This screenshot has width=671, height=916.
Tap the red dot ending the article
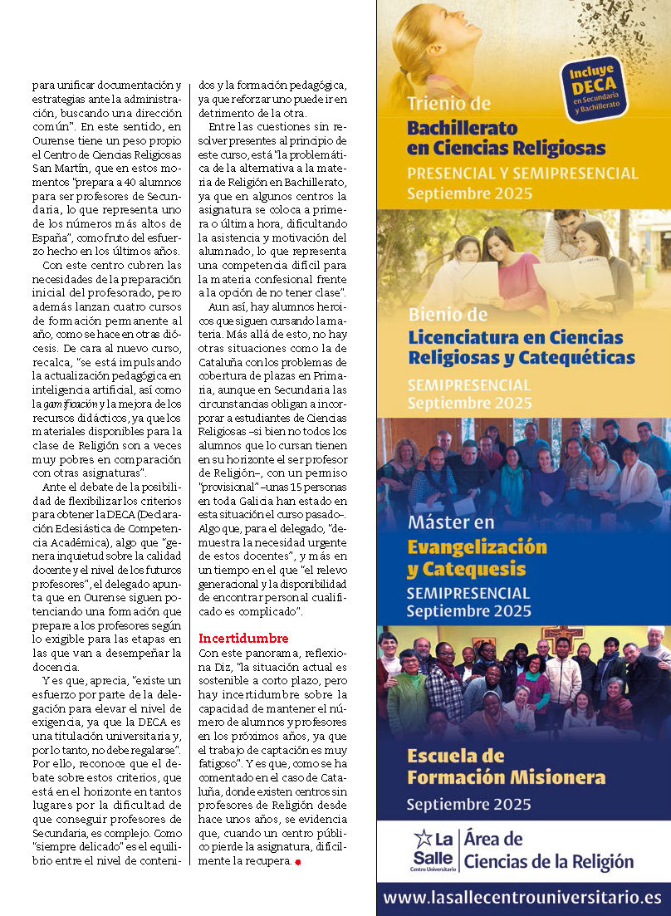(296, 862)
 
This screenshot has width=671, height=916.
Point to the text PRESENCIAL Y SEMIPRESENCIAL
(522, 174)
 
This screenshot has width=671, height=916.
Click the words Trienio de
(449, 104)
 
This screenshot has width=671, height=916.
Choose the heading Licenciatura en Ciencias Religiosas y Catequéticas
(521, 348)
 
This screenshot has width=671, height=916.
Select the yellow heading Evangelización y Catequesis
(478, 558)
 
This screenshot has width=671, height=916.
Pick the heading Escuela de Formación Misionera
(506, 767)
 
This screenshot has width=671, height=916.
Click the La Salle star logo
(423, 838)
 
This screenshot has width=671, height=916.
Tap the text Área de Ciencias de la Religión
(548, 850)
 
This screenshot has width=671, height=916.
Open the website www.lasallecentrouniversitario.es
(522, 898)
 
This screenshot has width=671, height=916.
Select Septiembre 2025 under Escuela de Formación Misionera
(468, 804)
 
